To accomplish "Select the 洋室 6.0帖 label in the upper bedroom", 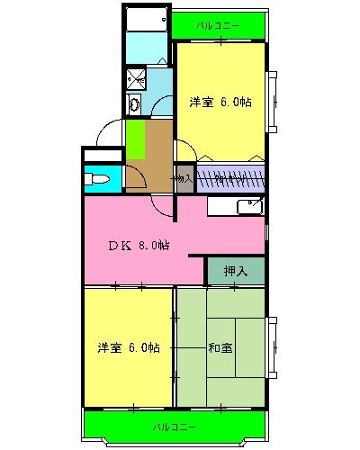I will (220, 103).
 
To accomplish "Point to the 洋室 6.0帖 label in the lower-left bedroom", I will (129, 347).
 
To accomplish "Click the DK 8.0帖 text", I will (139, 245).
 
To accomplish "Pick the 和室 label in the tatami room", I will (220, 347).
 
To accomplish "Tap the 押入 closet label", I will (236, 269).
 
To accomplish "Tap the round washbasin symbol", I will (134, 105).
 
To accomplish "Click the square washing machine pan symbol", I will (138, 78).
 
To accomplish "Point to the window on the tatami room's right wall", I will (273, 346).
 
